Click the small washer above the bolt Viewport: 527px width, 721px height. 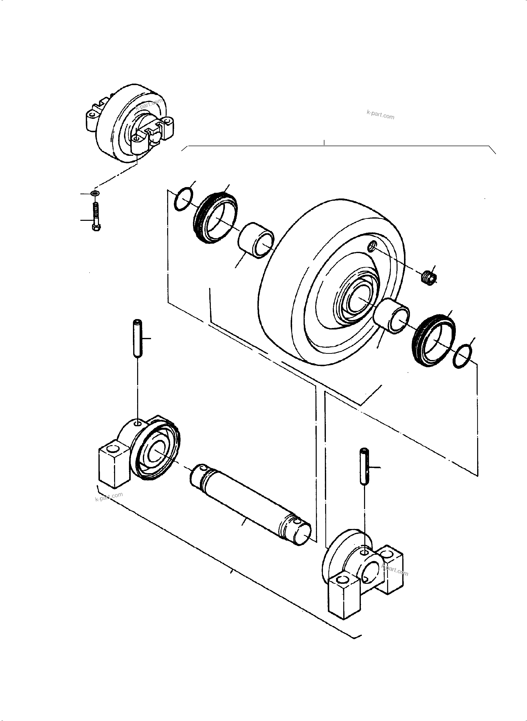[95, 194]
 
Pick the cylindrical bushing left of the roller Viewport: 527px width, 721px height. [256, 239]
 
